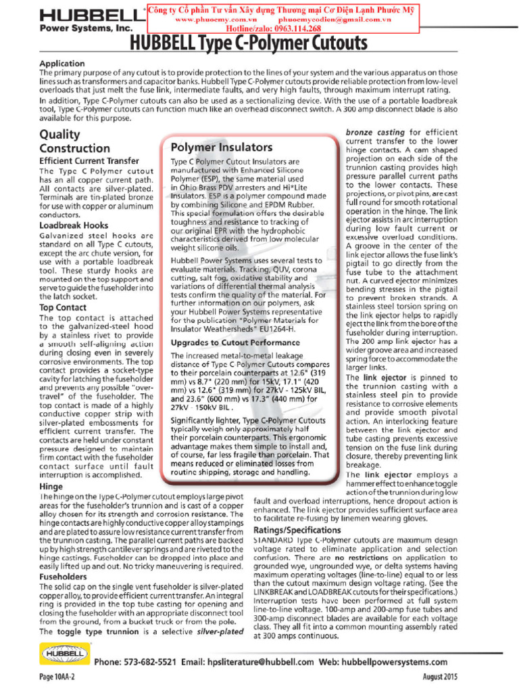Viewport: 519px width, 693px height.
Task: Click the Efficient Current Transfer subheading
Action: click(89, 161)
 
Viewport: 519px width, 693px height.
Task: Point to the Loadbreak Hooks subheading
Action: click(74, 225)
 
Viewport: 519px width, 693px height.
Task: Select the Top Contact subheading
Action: click(63, 307)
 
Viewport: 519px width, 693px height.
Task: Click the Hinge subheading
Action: click(51, 486)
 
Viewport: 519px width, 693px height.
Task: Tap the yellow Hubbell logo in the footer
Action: click(62, 655)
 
